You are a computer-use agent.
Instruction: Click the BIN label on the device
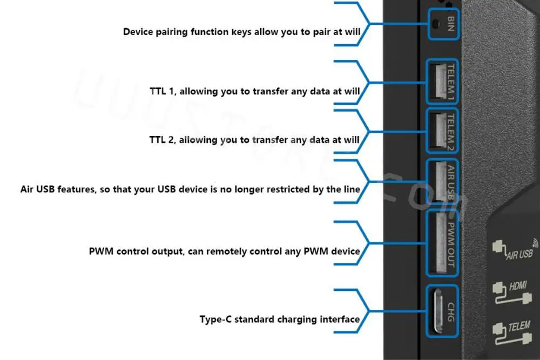(x=451, y=23)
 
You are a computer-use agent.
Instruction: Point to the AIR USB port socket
(x=436, y=182)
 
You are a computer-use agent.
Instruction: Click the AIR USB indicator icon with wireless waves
(x=516, y=250)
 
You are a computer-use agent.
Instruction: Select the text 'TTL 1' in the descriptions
(x=162, y=91)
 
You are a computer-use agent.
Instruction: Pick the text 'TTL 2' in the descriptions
(x=161, y=140)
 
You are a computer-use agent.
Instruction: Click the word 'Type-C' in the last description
(x=217, y=319)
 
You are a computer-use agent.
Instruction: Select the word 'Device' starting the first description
(x=138, y=31)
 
